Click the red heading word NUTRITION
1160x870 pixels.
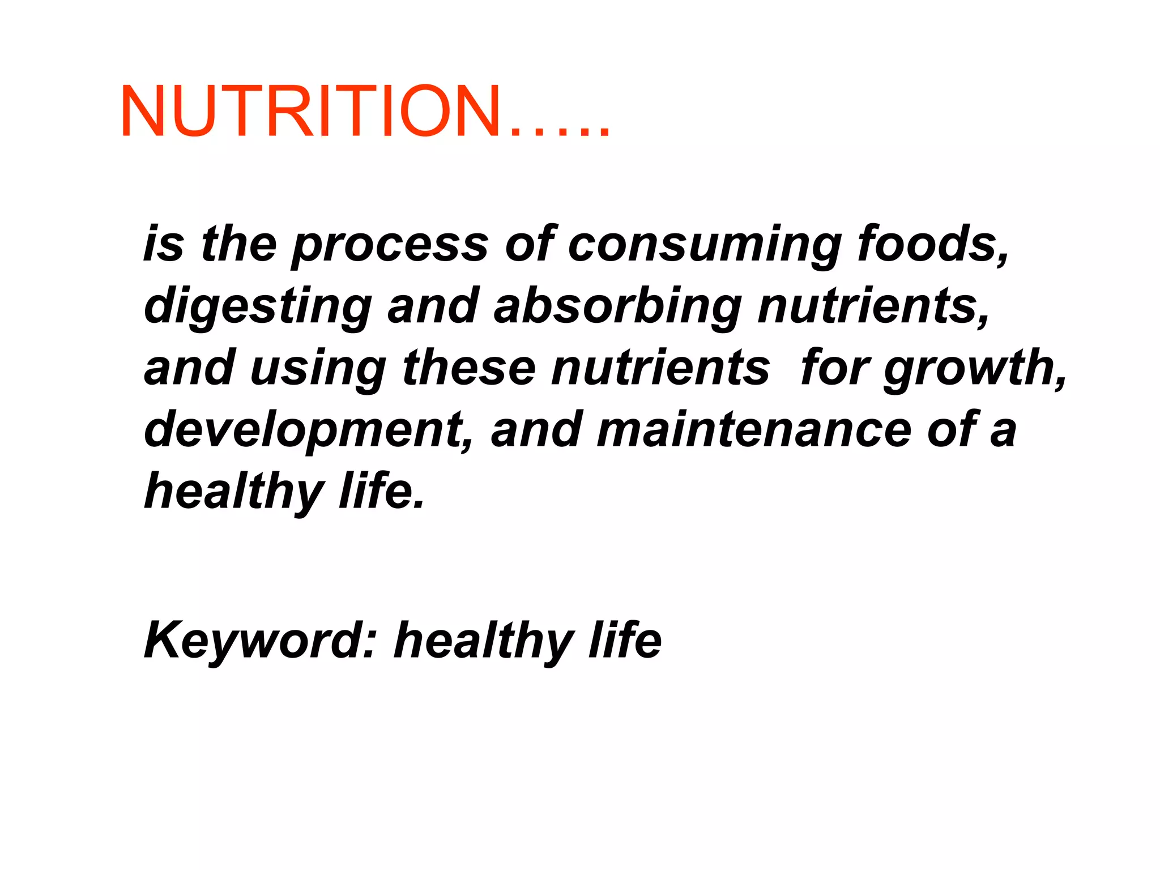310,111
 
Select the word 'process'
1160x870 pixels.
390,244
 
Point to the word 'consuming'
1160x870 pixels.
705,244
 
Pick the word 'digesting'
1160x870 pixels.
258,306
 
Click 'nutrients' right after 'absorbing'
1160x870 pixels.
873,306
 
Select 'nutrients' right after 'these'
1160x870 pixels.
660,368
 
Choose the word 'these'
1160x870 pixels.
469,368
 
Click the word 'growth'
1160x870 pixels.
974,368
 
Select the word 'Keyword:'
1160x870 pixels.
261,641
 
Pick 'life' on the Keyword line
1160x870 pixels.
625,641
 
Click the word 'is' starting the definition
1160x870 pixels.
164,244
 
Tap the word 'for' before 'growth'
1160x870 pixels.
835,368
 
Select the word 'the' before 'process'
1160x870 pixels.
238,244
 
